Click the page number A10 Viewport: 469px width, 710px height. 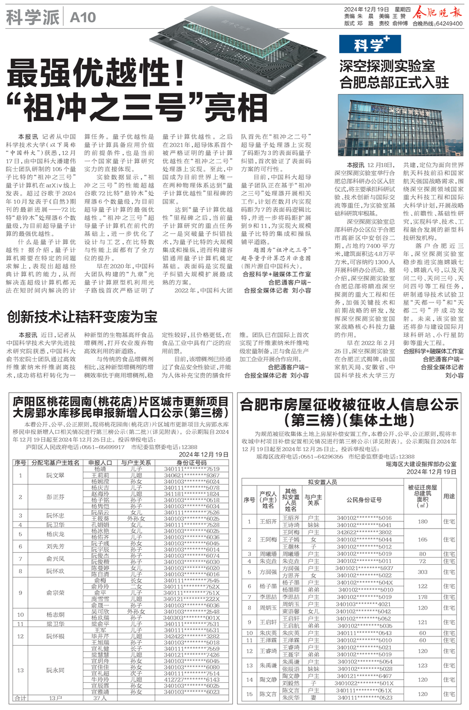click(83, 18)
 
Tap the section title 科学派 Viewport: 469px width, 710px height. click(33, 18)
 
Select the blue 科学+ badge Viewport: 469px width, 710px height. click(370, 44)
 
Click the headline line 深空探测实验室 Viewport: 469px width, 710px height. click(387, 66)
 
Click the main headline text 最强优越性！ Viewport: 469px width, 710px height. click(96, 74)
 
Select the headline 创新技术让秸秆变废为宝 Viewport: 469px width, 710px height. click(82, 316)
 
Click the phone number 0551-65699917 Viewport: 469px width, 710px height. click(103, 447)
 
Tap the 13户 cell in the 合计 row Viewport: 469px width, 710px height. click(55, 698)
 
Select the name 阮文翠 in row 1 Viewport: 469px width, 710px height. click(55, 475)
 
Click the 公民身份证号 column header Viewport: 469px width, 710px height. click(363, 500)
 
